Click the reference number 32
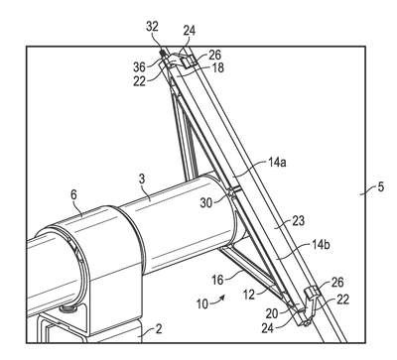153,27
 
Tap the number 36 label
139,67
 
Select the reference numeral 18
217,67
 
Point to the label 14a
276,163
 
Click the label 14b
321,245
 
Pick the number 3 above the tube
142,180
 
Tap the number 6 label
73,195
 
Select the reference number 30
206,203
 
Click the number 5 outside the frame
381,187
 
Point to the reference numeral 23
298,221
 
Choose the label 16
217,281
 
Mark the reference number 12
249,295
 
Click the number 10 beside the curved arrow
202,304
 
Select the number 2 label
159,329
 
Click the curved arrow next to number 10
219,299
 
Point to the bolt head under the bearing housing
68,309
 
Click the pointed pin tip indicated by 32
162,52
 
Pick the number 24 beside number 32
190,31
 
